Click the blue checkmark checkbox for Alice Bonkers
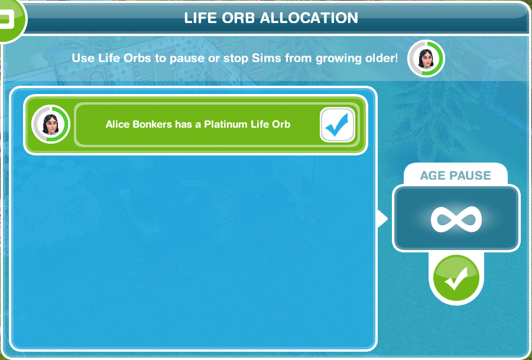pos(338,125)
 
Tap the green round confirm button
pos(456,278)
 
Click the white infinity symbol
pos(456,219)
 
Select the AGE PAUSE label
pos(456,176)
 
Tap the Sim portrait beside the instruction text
pos(426,59)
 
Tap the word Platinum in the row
pos(225,125)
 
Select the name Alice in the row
pos(117,125)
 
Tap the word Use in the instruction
pos(82,59)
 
